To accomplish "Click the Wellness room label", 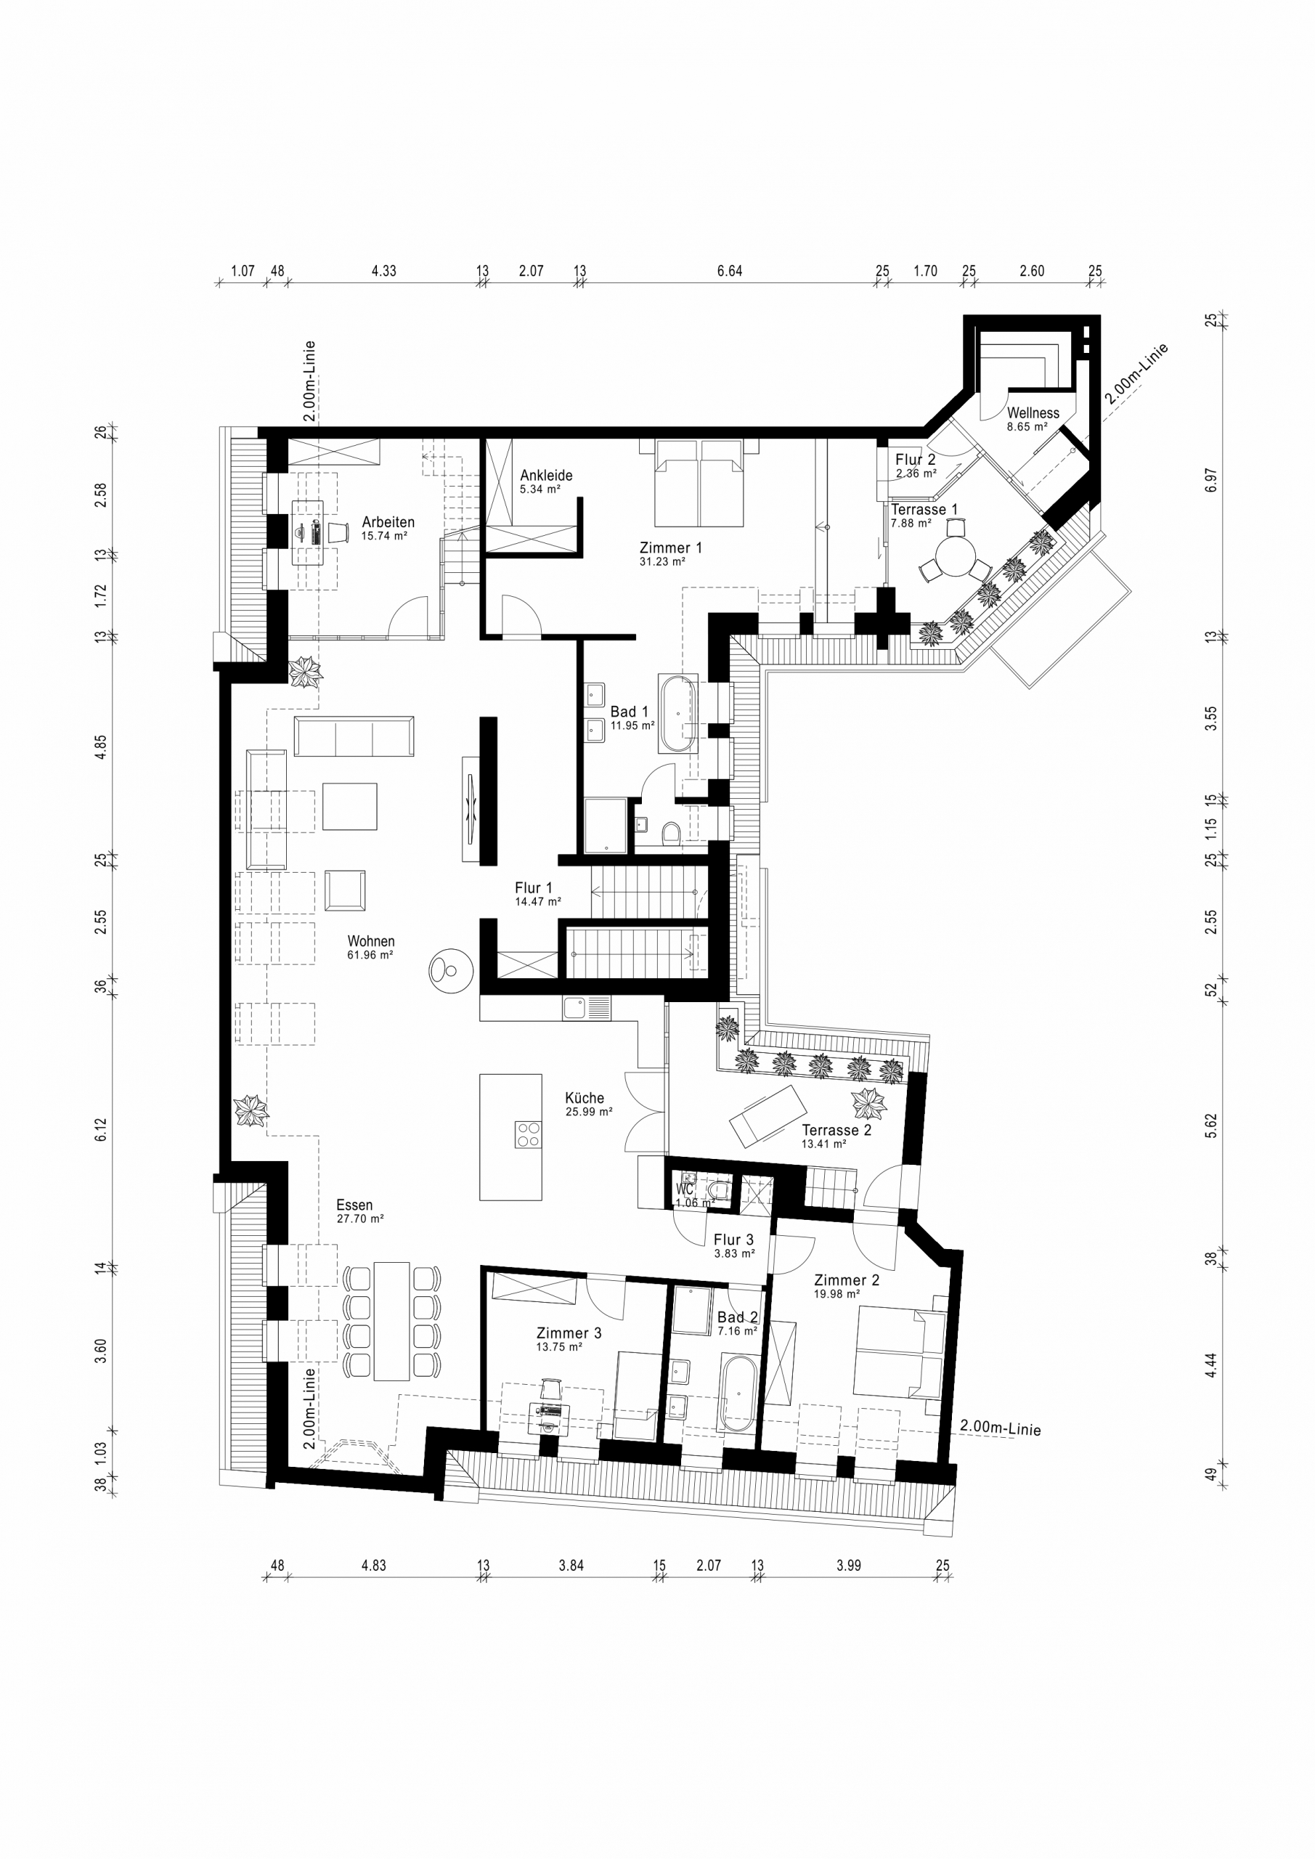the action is click(x=1033, y=413).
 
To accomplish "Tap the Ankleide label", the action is click(x=546, y=475).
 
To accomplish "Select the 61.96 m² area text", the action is click(x=370, y=956).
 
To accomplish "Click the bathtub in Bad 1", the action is click(x=677, y=712).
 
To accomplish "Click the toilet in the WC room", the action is click(x=719, y=1190).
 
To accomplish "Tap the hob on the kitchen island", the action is click(x=528, y=1134).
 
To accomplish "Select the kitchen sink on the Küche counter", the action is click(x=586, y=1008).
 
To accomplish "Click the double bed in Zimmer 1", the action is click(x=699, y=484).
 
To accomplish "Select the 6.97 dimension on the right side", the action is click(x=1210, y=480).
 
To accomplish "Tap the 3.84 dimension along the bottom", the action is click(x=571, y=1565).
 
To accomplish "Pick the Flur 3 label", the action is click(x=733, y=1240).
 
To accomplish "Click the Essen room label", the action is click(x=354, y=1205).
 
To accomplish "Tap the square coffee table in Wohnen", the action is click(x=350, y=807).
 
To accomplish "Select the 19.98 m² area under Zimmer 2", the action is click(x=836, y=1294).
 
